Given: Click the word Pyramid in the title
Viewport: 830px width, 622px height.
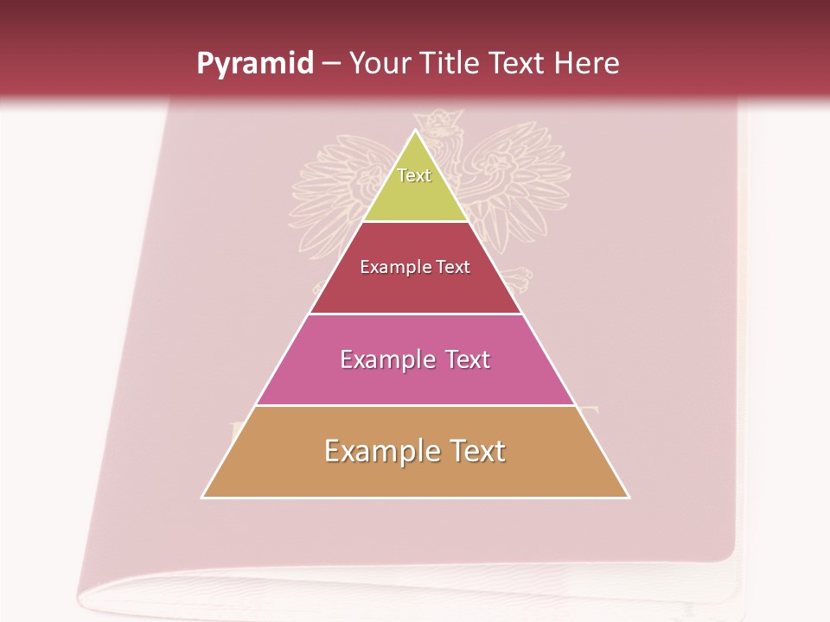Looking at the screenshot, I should pyautogui.click(x=255, y=64).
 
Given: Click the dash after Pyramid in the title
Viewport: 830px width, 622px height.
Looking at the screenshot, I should pyautogui.click(x=330, y=65).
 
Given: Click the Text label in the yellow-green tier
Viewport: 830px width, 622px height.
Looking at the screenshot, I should pyautogui.click(x=414, y=175).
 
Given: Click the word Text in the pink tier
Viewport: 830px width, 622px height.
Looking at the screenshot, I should pyautogui.click(x=468, y=359).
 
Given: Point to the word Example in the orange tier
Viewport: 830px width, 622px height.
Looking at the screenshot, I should pyautogui.click(x=380, y=451).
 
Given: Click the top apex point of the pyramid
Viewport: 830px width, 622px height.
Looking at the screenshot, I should pyautogui.click(x=416, y=130).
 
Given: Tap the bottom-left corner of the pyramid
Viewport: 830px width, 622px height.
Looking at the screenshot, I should pyautogui.click(x=202, y=498).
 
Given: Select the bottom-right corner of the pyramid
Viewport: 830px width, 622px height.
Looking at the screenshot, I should pyautogui.click(x=629, y=498).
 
